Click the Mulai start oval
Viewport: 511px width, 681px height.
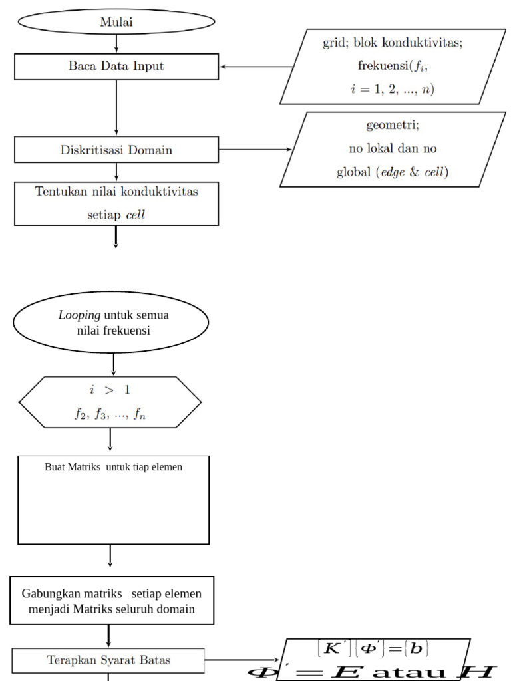(116, 21)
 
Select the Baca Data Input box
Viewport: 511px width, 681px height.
(116, 66)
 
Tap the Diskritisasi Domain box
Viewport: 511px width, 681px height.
(116, 150)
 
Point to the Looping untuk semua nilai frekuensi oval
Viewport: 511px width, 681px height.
(110, 322)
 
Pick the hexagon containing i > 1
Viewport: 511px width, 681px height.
(110, 402)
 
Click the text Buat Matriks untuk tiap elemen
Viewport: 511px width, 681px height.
(113, 467)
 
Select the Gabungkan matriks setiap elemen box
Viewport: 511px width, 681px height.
(112, 601)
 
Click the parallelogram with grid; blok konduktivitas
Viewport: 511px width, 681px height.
(393, 66)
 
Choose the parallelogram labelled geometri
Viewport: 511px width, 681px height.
(393, 149)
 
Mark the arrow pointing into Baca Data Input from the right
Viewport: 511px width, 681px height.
(256, 67)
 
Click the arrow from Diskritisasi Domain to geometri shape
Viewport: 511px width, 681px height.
(256, 150)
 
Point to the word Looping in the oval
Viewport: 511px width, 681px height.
(75, 315)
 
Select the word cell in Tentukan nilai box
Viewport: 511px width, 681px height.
(136, 215)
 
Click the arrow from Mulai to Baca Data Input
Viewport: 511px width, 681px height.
(116, 43)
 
